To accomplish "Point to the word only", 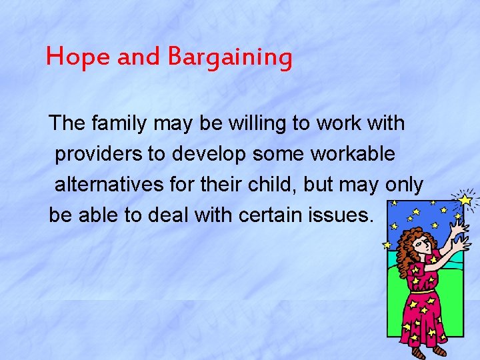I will (x=404, y=185).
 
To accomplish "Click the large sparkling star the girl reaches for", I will (x=465, y=199).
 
